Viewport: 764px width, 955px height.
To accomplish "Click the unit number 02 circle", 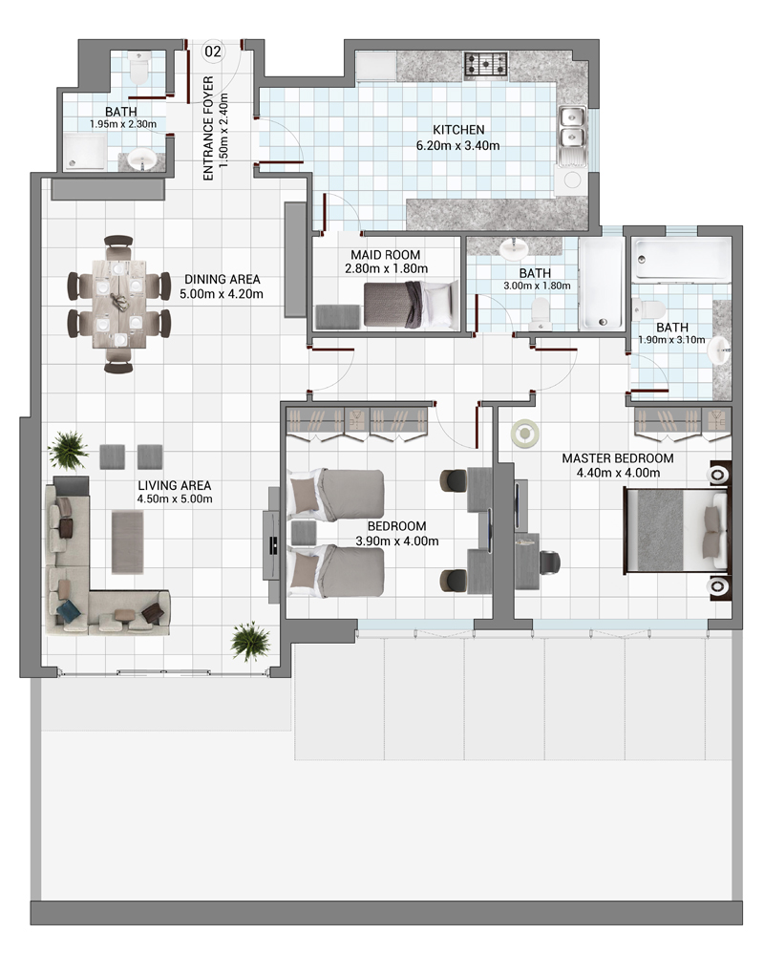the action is click(213, 52).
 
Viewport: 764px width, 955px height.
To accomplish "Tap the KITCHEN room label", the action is click(458, 130).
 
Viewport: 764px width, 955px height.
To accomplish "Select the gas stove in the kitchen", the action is click(486, 65).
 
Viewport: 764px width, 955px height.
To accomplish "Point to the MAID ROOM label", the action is click(385, 255).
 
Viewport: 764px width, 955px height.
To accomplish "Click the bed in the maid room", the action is click(412, 304).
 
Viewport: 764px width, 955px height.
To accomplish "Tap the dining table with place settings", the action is click(118, 304).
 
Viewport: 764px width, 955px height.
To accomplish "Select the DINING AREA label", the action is click(222, 280).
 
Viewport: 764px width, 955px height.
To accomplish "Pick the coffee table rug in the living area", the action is click(127, 542).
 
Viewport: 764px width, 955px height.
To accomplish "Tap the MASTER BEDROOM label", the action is click(618, 458).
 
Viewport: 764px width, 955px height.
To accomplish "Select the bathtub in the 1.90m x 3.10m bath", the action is click(681, 260).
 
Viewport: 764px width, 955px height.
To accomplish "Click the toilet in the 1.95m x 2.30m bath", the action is click(139, 67).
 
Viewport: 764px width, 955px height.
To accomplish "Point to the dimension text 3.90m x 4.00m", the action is click(396, 541).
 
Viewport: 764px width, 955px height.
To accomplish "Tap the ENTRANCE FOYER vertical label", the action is click(208, 128).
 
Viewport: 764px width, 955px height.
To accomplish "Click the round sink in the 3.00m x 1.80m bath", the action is click(514, 248).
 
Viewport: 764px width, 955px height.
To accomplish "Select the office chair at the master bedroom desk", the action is click(548, 562).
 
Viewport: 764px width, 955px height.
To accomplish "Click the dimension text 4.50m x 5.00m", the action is click(175, 499).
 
